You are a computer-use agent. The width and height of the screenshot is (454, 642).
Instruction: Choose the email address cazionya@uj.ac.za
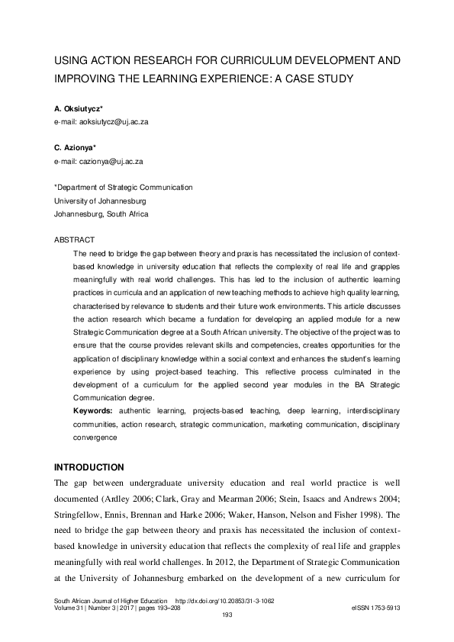click(x=98, y=162)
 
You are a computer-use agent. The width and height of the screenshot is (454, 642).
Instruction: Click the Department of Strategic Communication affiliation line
click(x=123, y=188)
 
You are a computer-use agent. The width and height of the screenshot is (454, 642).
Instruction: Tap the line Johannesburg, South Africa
click(x=101, y=214)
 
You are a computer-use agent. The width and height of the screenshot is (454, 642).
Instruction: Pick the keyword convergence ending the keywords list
click(x=95, y=438)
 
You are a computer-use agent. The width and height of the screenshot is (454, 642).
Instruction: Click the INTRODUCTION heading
click(x=89, y=467)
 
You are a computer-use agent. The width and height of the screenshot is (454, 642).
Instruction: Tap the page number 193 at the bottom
click(x=227, y=616)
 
